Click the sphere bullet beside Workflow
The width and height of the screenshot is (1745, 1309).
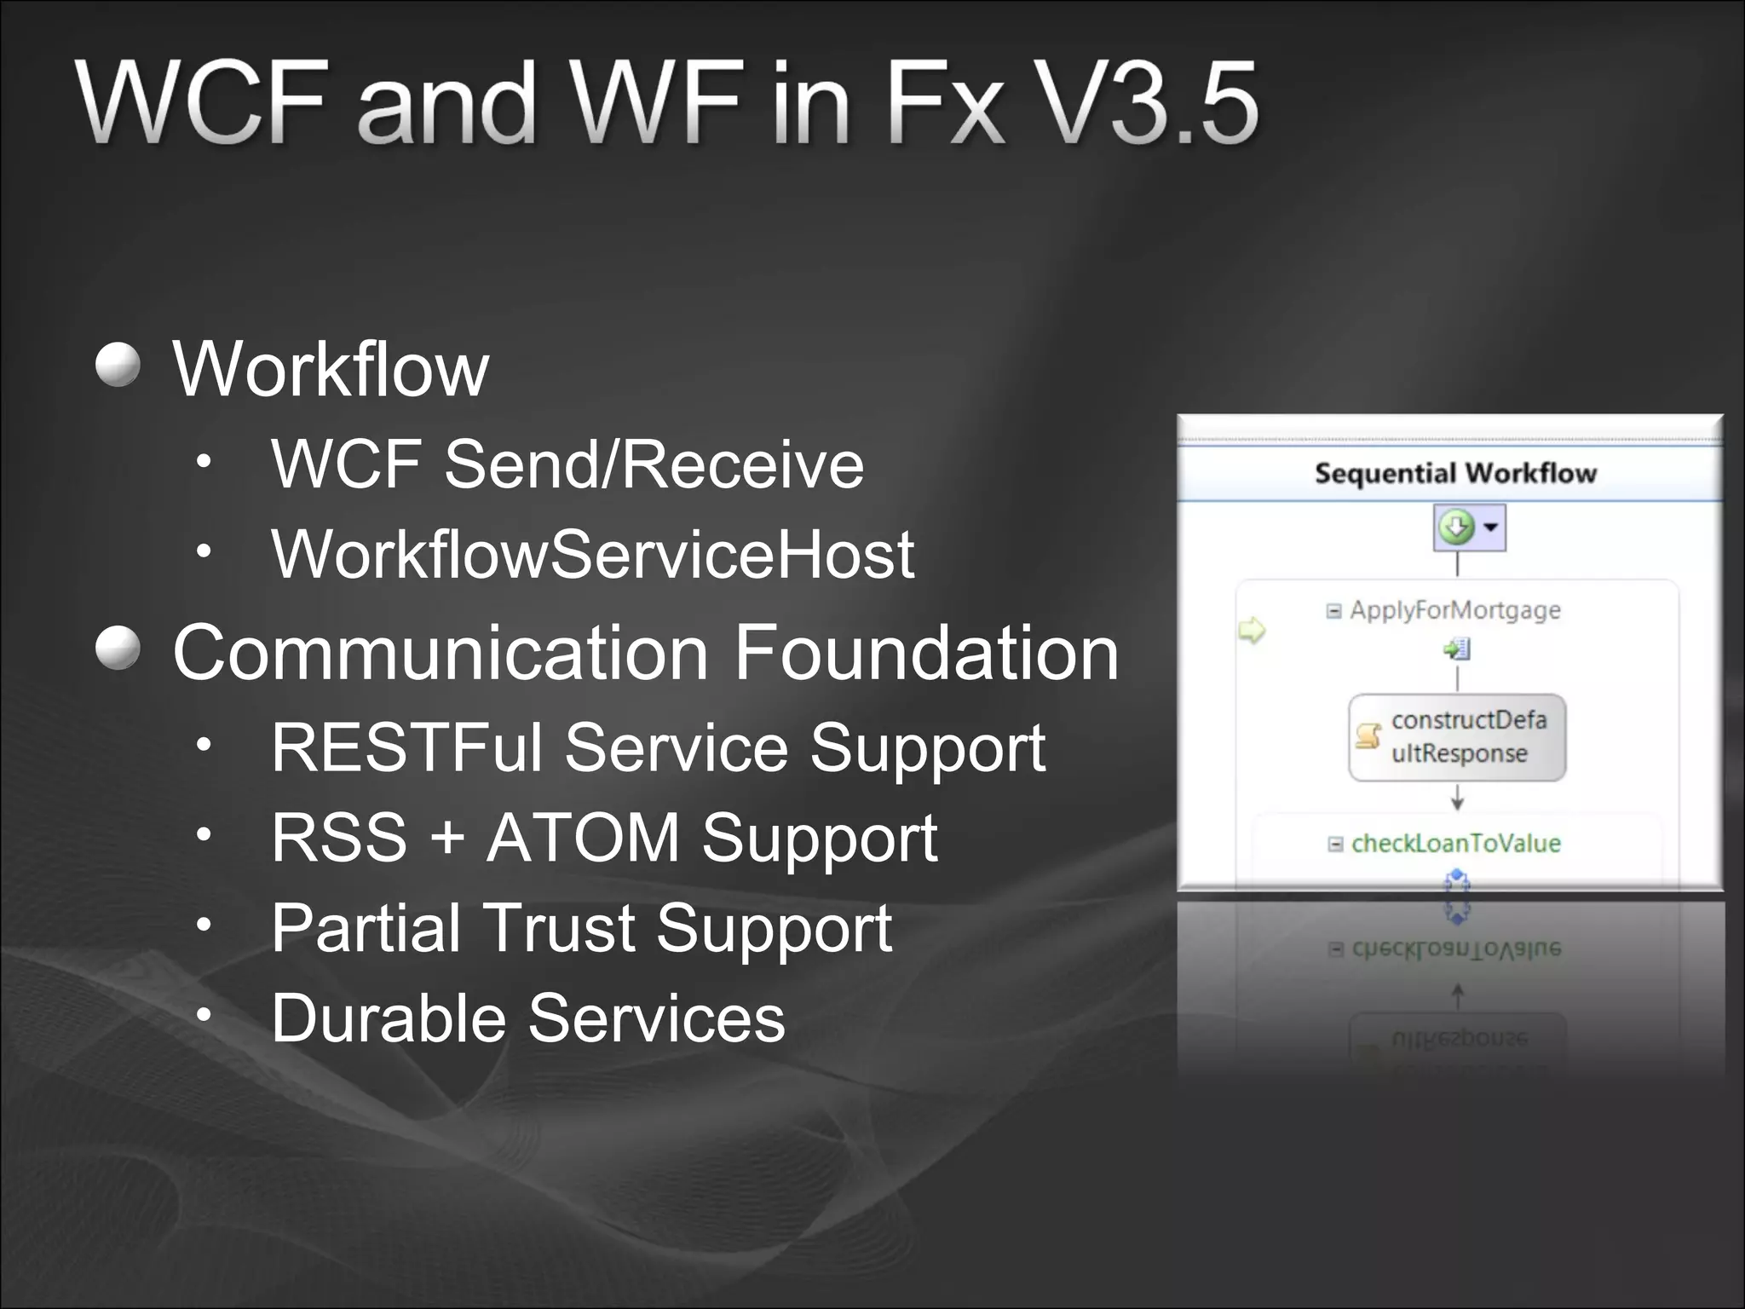tap(118, 365)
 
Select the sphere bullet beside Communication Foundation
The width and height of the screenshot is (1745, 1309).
tap(118, 649)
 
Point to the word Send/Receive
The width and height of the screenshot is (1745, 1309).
tap(654, 464)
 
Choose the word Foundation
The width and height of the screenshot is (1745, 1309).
tap(926, 653)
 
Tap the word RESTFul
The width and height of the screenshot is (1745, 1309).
tap(406, 747)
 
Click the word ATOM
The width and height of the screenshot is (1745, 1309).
tap(583, 837)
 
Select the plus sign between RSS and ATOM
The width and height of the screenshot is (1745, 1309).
tap(446, 839)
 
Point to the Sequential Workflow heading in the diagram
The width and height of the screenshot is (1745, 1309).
tap(1454, 473)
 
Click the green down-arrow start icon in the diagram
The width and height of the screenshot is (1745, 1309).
tap(1456, 527)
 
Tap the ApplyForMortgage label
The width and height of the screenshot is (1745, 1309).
tap(1454, 610)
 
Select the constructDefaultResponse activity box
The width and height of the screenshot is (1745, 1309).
tap(1457, 738)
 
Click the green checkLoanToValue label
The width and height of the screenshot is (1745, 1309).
tap(1455, 844)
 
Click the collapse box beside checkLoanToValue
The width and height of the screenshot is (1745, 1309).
tap(1335, 845)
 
